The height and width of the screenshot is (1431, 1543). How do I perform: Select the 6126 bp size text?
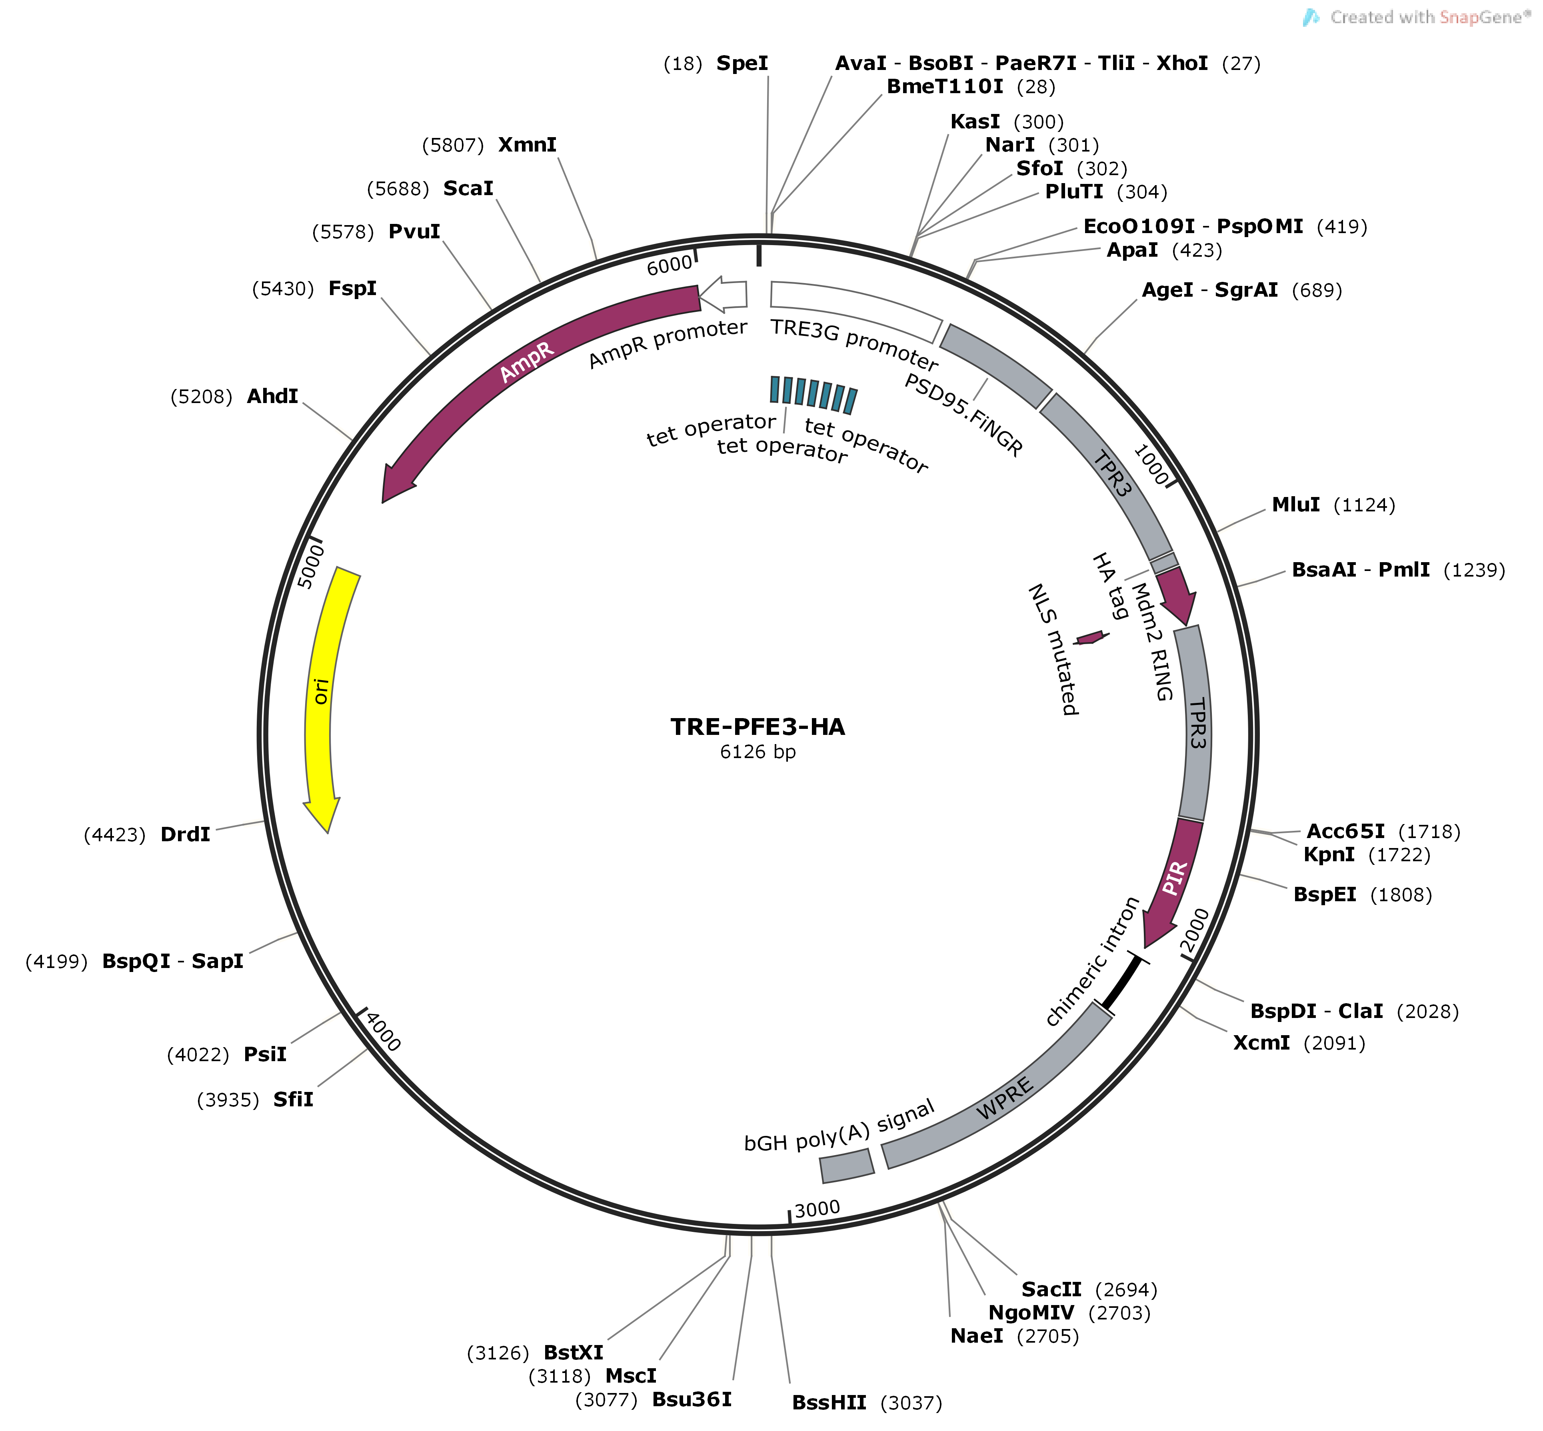pos(758,752)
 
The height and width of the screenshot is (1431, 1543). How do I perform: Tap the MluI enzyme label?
pos(1296,505)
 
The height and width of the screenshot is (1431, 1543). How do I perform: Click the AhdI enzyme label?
pos(273,397)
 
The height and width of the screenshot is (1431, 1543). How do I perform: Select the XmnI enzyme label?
pos(528,145)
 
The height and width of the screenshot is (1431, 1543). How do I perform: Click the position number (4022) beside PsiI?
pos(198,1055)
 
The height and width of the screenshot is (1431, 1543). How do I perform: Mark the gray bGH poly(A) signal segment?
pos(847,1166)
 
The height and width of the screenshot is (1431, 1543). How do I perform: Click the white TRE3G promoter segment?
pos(856,310)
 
